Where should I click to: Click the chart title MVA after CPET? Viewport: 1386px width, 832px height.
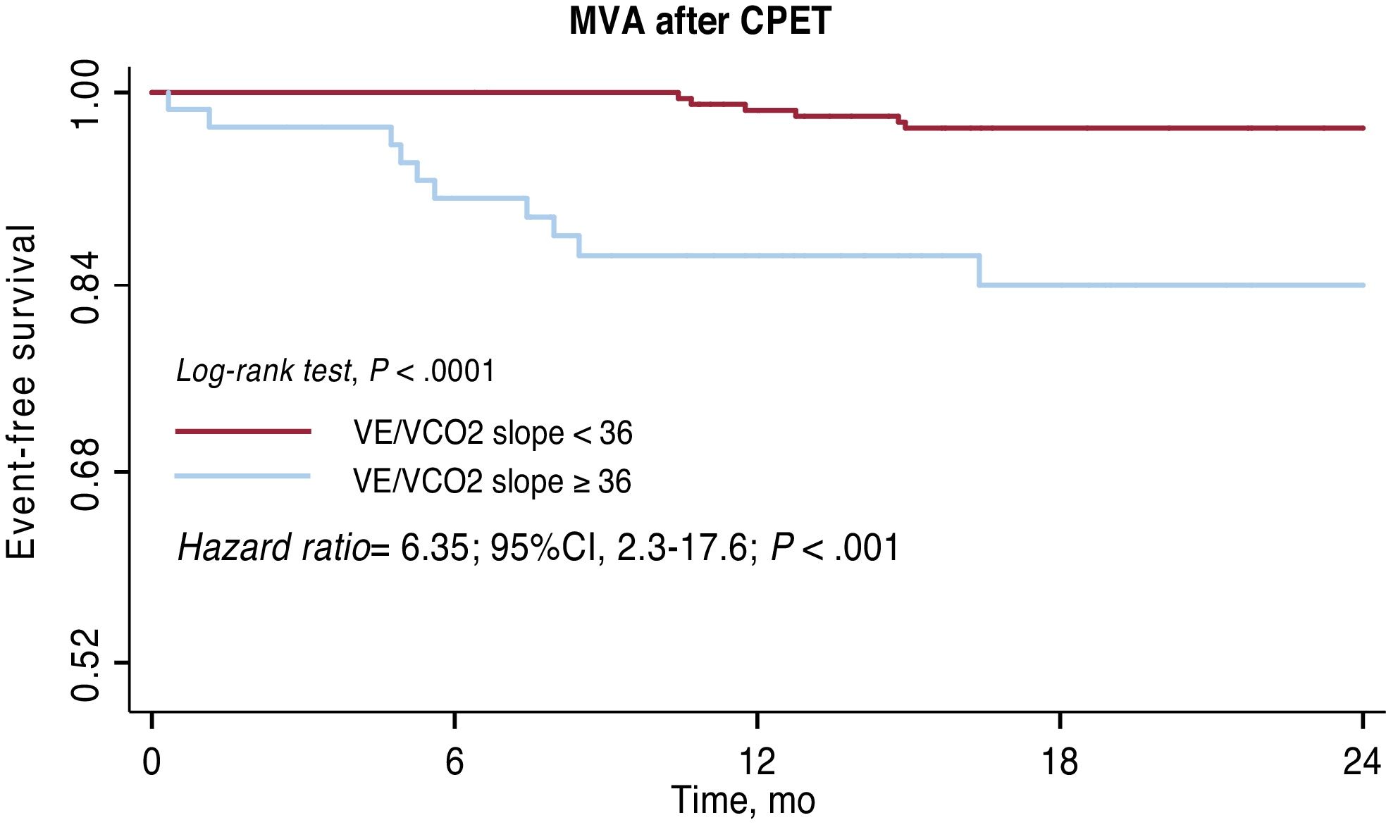[x=700, y=21]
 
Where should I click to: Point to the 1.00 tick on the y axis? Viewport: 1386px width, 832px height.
[x=87, y=94]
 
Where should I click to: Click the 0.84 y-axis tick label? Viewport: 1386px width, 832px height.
[x=87, y=285]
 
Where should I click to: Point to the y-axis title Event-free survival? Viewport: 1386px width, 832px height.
[x=21, y=393]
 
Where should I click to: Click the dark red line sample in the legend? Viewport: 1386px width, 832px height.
[x=243, y=431]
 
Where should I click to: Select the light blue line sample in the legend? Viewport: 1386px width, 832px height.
[x=243, y=476]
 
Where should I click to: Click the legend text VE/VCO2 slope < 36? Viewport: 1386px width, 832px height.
[x=493, y=433]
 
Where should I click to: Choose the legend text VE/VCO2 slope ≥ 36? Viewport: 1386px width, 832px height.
[x=492, y=481]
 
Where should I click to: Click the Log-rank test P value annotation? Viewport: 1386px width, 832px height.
[x=335, y=371]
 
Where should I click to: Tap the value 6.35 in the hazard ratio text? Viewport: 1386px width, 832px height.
[x=434, y=548]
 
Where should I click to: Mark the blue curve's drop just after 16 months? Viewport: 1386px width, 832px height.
[x=979, y=271]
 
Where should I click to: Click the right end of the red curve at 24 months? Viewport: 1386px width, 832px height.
[x=1363, y=128]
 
